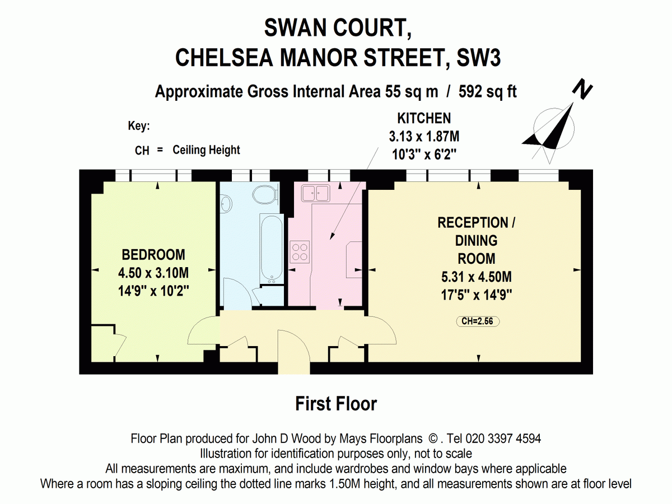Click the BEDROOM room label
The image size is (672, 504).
(x=153, y=255)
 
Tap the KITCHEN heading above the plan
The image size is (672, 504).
(x=424, y=118)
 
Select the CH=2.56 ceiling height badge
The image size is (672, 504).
(x=478, y=321)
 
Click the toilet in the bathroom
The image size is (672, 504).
(x=265, y=194)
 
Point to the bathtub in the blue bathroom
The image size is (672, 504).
(x=272, y=249)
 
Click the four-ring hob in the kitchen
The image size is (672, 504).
(x=300, y=252)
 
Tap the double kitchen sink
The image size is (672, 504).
(x=315, y=193)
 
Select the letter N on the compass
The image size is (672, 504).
(x=582, y=89)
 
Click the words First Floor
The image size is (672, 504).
(x=336, y=404)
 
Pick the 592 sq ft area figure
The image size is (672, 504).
(x=487, y=91)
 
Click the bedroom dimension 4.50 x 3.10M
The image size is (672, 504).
(x=153, y=273)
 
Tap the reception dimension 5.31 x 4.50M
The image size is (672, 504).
(x=477, y=277)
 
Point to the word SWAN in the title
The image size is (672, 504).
(x=296, y=28)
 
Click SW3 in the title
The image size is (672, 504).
(x=478, y=58)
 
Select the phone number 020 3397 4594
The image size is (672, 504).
(x=503, y=439)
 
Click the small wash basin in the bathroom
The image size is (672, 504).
(x=226, y=203)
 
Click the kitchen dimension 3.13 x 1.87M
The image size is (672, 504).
(x=424, y=137)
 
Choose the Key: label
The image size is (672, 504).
(x=139, y=126)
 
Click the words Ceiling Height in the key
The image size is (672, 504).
(x=206, y=150)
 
